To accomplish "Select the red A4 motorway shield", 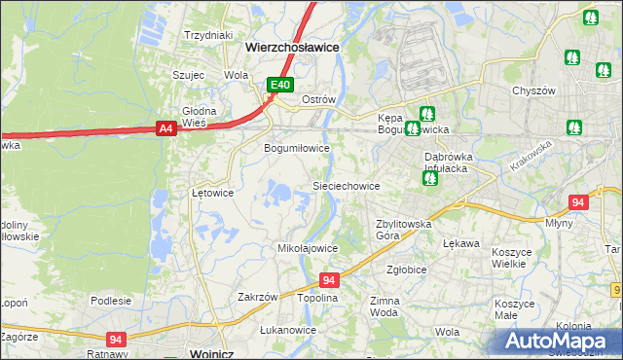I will tap(165, 126).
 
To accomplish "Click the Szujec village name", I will tap(188, 74).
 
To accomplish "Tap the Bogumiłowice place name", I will tap(297, 148).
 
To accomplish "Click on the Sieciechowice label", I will tap(345, 185).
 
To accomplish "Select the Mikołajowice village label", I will tap(308, 248).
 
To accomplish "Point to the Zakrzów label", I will tap(259, 297).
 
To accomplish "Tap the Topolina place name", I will tap(317, 298).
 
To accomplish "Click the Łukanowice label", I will tap(288, 330).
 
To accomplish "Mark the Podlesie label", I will tap(111, 301).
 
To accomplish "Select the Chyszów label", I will tap(532, 90).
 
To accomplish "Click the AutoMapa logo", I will tap(559, 341).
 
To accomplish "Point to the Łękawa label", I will tap(461, 243).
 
